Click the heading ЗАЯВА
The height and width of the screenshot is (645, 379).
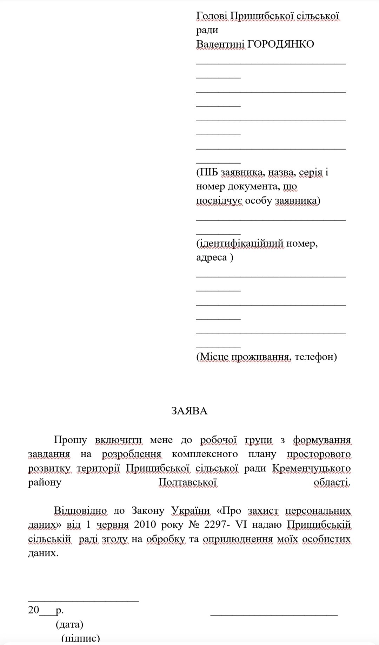click(189, 411)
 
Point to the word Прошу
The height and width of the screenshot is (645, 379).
click(70, 440)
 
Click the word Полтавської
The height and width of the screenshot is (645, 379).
click(188, 482)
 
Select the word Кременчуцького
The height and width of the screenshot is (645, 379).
click(311, 468)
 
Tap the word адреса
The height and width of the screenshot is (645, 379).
click(212, 258)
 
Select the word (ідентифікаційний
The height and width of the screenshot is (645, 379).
click(240, 243)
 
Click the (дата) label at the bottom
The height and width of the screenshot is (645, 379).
click(69, 624)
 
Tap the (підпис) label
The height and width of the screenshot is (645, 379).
click(80, 638)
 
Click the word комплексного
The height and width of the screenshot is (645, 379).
click(205, 454)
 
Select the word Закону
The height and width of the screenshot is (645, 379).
click(148, 510)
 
